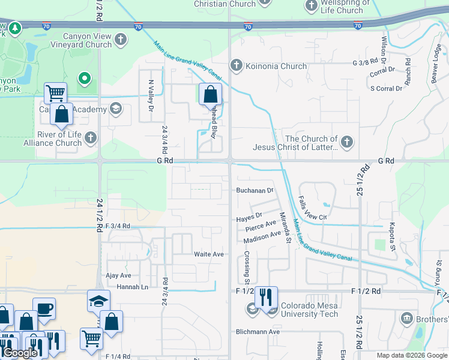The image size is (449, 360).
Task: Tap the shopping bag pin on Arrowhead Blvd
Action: (x=210, y=95)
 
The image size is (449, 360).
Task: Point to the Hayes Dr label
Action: (x=249, y=215)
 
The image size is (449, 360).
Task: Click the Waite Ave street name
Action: (x=208, y=254)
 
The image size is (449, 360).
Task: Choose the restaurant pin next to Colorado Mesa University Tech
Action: (x=266, y=296)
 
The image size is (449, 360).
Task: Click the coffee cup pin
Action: (x=44, y=309)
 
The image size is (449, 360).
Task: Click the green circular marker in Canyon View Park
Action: (x=85, y=77)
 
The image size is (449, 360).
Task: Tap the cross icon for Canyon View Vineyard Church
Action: (x=121, y=40)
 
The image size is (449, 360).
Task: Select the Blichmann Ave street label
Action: (x=258, y=332)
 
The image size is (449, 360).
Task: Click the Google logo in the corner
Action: (x=20, y=353)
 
